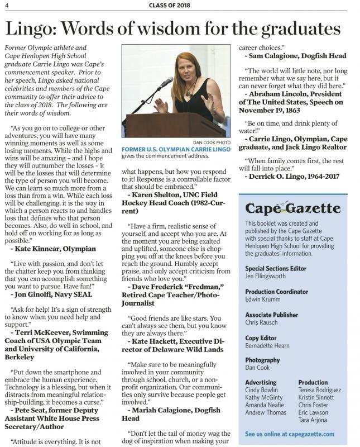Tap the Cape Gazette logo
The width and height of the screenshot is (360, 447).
point(293,209)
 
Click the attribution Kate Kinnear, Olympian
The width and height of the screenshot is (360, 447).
point(53,248)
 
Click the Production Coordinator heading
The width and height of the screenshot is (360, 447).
point(276,292)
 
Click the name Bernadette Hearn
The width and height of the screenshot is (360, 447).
point(267,346)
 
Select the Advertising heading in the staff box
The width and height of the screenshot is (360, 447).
point(261,382)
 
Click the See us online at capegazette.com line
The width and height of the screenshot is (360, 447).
point(290,434)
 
